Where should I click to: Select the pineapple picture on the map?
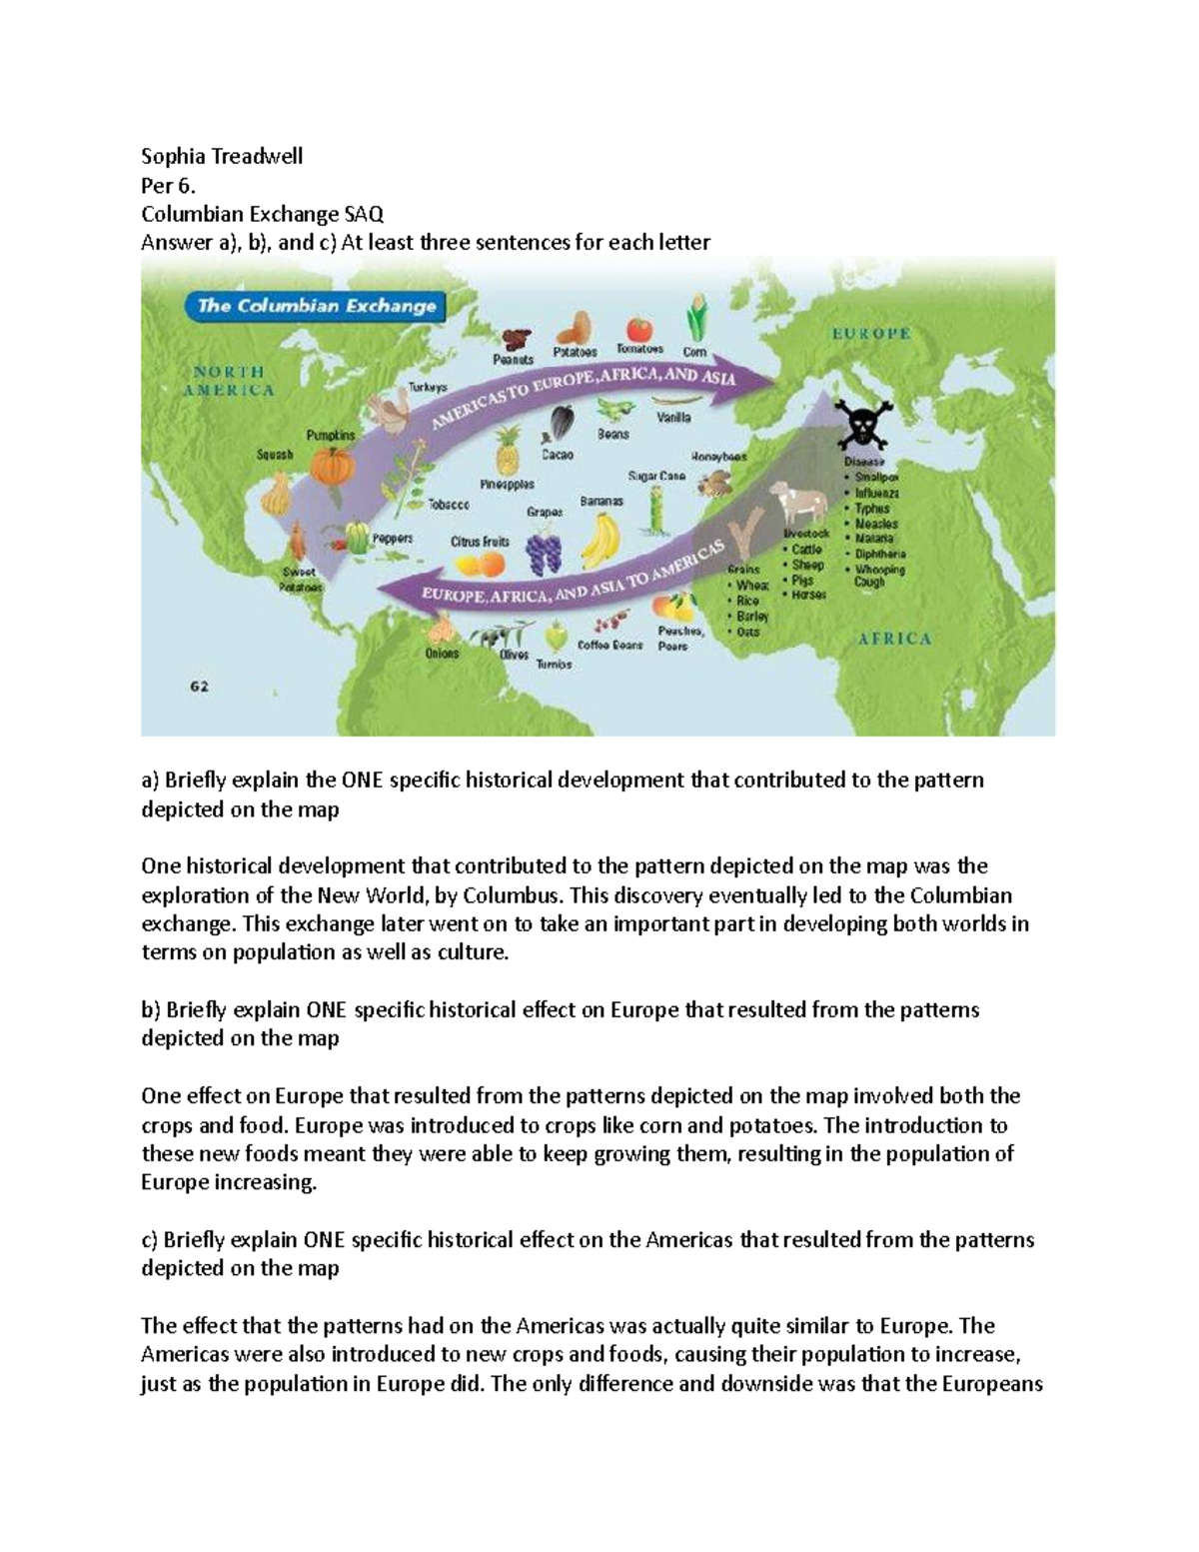tap(508, 451)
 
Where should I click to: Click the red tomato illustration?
tap(639, 329)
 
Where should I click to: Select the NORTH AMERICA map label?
tap(229, 381)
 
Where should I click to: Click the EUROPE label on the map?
tap(870, 334)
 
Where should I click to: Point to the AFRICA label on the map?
tap(894, 639)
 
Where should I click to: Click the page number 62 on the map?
tap(200, 687)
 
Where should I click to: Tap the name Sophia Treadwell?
tap(222, 156)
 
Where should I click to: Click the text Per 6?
tap(168, 185)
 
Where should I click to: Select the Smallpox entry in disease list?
tap(875, 478)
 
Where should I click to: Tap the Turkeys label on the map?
tap(428, 387)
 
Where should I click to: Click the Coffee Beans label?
tap(609, 646)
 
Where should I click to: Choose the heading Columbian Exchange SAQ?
tap(262, 214)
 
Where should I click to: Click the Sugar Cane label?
tap(655, 476)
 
